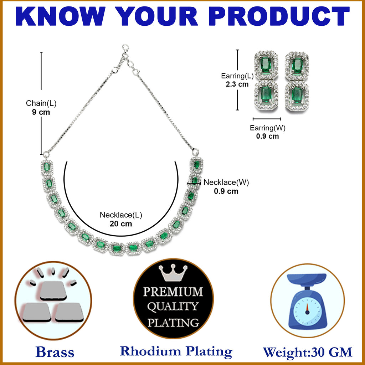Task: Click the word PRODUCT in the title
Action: [x=279, y=16]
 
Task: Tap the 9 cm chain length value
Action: [x=41, y=112]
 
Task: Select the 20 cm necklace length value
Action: [x=121, y=224]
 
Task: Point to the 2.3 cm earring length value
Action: [x=237, y=84]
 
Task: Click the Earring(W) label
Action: [x=267, y=128]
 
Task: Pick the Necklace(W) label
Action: [x=226, y=182]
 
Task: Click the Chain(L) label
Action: [x=41, y=103]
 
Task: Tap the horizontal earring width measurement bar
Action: [x=267, y=119]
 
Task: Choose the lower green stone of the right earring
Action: [x=297, y=96]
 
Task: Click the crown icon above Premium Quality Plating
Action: [x=173, y=273]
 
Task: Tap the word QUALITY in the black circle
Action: [x=173, y=307]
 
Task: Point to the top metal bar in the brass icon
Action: [x=53, y=291]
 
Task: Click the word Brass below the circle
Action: [x=55, y=352]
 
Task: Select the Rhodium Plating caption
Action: [x=176, y=351]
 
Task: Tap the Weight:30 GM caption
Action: [x=308, y=352]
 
